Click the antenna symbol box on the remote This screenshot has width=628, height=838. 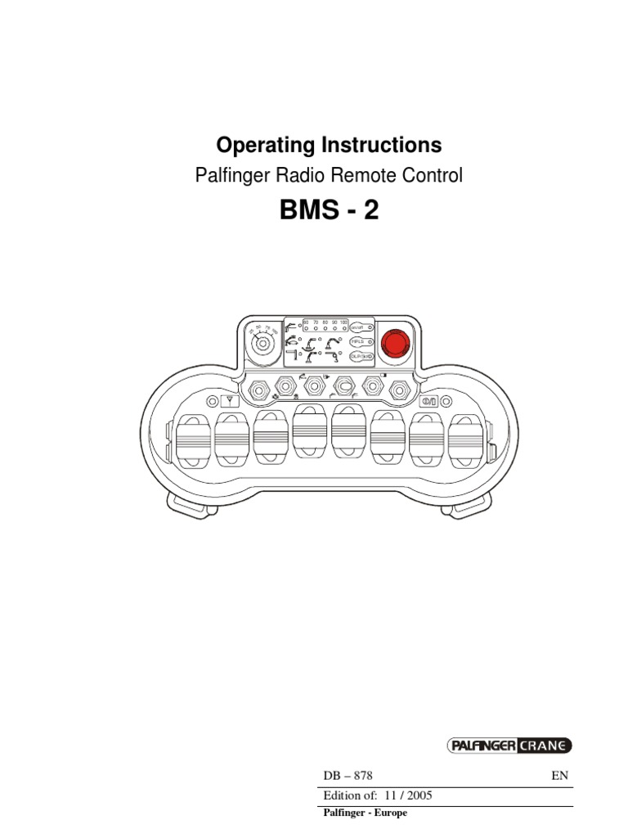click(x=231, y=402)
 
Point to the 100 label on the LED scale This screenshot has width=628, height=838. click(x=343, y=323)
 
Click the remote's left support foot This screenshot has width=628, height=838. click(x=187, y=504)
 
